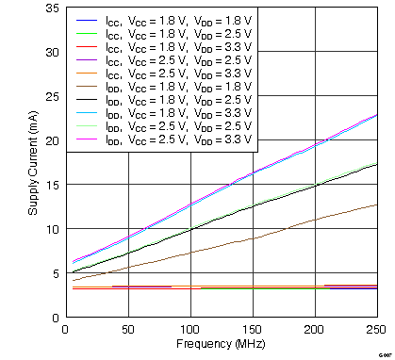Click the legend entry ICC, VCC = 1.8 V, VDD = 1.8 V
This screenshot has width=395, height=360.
(x=165, y=21)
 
